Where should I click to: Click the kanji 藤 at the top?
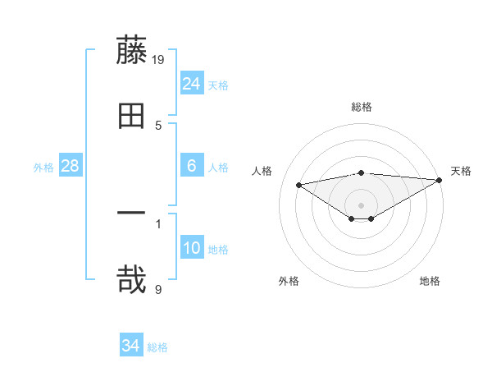click(131, 50)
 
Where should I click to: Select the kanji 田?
click(131, 115)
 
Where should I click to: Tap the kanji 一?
click(131, 214)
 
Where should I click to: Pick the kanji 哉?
click(131, 278)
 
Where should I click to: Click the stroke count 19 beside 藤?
click(159, 59)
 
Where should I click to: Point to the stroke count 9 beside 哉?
click(158, 288)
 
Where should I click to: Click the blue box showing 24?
click(192, 83)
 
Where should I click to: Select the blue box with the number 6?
click(192, 166)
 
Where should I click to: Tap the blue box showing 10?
click(192, 248)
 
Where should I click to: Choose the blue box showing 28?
click(71, 166)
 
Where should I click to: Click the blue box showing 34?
click(131, 346)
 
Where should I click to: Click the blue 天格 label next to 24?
click(218, 85)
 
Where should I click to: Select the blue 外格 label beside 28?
click(43, 167)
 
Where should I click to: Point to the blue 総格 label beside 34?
click(157, 347)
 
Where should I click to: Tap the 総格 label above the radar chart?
click(362, 107)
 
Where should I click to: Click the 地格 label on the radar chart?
click(430, 281)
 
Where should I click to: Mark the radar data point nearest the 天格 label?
click(440, 182)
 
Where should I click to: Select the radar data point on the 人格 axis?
click(299, 184)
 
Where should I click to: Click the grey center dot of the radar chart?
click(362, 204)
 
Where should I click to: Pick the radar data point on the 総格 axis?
click(362, 172)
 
